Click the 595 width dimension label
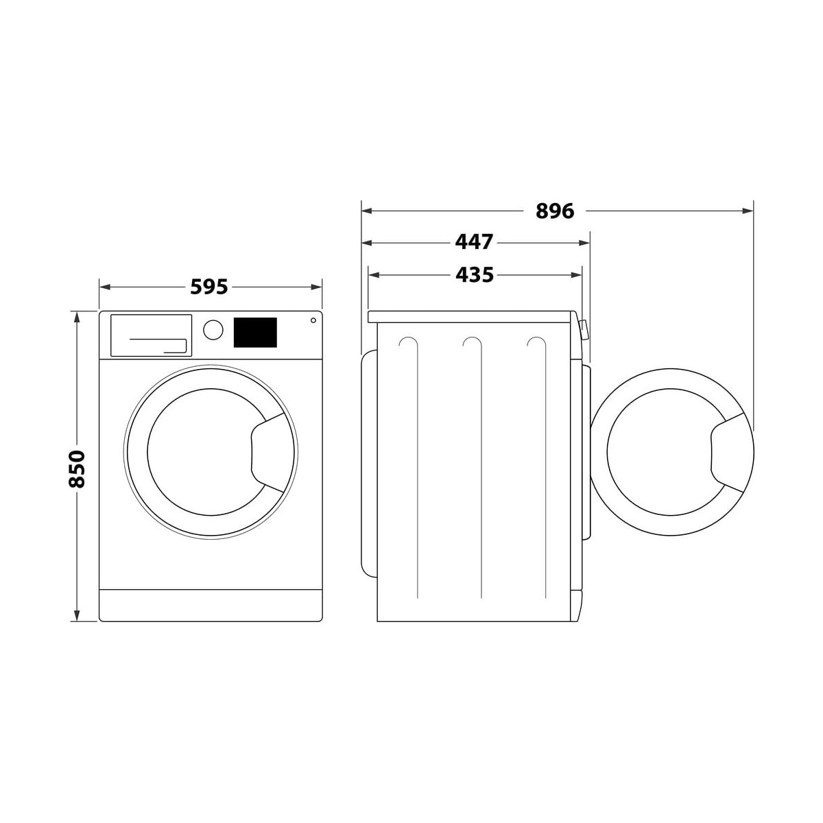[209, 287]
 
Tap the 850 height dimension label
[77, 468]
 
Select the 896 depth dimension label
[555, 211]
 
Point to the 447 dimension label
[474, 243]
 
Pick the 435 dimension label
[475, 275]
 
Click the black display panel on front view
[255, 332]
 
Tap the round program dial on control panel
[213, 330]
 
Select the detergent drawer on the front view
[151, 335]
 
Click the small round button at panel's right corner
[313, 320]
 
